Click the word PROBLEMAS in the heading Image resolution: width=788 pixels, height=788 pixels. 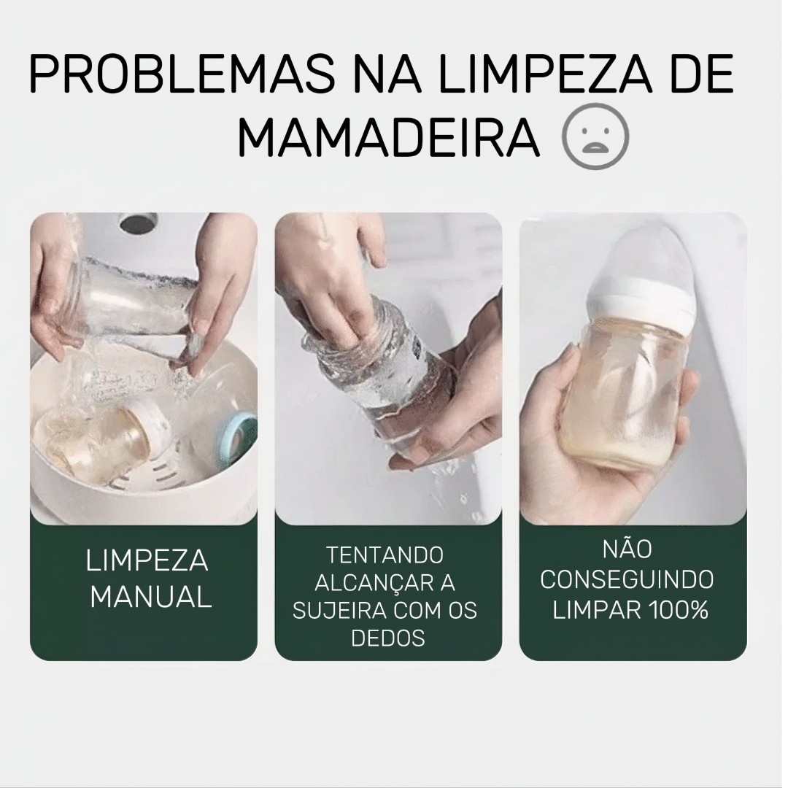click(182, 74)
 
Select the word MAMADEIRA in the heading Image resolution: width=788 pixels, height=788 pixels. click(388, 137)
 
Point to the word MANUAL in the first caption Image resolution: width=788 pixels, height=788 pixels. click(151, 598)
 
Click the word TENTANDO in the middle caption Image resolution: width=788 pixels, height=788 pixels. click(385, 555)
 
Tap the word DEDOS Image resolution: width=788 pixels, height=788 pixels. click(388, 638)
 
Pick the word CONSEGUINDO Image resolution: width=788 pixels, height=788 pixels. click(627, 579)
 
